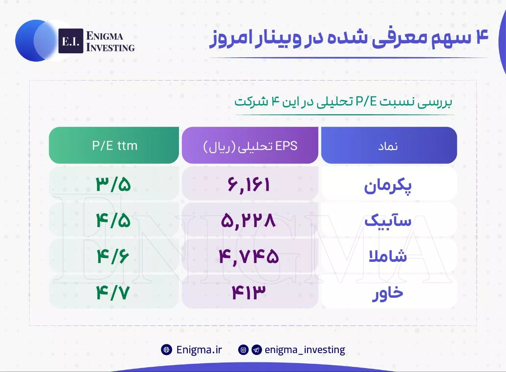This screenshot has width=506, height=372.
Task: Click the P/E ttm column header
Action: click(x=114, y=145)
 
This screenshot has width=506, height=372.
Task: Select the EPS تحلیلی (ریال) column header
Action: click(x=250, y=145)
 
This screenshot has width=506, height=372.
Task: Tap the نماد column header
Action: click(x=389, y=145)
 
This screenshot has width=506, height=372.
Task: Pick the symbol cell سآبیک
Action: click(x=388, y=221)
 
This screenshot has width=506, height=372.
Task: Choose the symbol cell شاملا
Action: click(x=388, y=256)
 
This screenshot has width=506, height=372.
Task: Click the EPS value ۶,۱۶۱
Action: click(x=249, y=185)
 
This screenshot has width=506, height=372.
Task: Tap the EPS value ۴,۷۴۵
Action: click(x=249, y=257)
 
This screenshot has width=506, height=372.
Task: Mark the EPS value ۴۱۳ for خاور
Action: click(x=249, y=292)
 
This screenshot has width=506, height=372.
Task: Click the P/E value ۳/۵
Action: click(x=113, y=184)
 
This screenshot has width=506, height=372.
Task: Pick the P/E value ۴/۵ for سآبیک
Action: click(x=113, y=220)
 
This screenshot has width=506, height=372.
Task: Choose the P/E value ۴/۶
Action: click(x=113, y=256)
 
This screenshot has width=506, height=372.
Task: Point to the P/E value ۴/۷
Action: click(x=113, y=293)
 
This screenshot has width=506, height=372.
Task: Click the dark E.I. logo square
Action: click(x=71, y=41)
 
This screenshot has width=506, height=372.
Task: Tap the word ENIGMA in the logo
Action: click(x=105, y=36)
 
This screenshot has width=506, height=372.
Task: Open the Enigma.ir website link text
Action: click(x=199, y=349)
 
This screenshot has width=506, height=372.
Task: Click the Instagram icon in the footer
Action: click(x=243, y=350)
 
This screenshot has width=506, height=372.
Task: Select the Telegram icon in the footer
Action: click(x=257, y=350)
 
